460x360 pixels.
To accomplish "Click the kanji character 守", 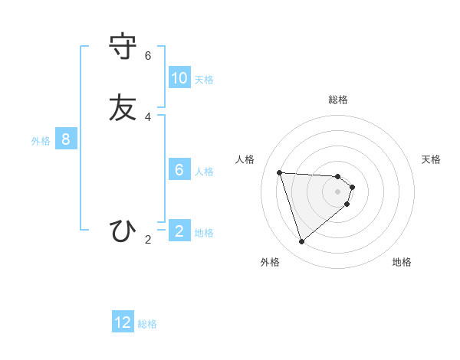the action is click(123, 47).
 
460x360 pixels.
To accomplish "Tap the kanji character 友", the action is click(123, 108).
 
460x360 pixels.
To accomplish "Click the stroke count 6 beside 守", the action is click(148, 56).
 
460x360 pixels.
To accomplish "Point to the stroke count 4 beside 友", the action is click(148, 117).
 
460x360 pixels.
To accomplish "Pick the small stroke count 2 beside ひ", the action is click(148, 240).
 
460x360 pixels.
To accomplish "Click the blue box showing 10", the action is click(179, 78).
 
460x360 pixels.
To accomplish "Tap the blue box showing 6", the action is click(179, 170).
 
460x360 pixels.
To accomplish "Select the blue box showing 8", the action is click(66, 139).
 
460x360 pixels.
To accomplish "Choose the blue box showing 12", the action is click(123, 322).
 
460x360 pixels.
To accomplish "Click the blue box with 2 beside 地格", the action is click(179, 231).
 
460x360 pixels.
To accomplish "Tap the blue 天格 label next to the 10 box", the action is click(204, 80).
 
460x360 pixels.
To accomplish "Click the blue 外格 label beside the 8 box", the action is click(41, 141).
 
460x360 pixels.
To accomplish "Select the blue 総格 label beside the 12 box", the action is click(147, 324).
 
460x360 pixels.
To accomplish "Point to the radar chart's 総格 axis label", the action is click(338, 100).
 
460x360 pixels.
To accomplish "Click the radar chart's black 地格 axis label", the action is click(402, 262).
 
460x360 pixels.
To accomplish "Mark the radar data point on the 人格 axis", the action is click(280, 172).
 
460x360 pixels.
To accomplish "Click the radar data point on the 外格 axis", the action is click(301, 242).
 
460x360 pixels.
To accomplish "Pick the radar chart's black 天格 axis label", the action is click(431, 159).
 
